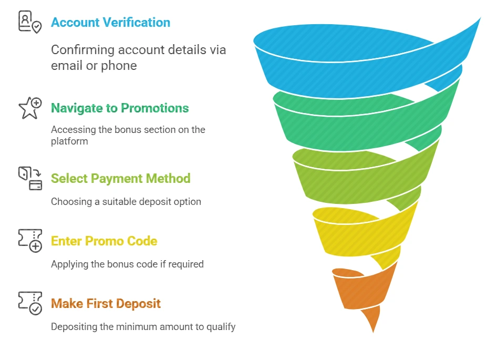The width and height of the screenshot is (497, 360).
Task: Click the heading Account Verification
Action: (x=110, y=23)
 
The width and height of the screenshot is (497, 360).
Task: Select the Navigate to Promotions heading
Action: (x=120, y=108)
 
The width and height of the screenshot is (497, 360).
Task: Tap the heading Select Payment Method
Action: (x=120, y=179)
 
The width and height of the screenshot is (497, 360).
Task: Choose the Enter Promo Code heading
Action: (x=104, y=241)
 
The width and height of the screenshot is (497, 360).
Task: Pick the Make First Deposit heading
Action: (x=106, y=304)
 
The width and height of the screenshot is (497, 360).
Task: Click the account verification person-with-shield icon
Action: (x=29, y=22)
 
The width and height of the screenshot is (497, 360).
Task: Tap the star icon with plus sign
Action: (x=29, y=108)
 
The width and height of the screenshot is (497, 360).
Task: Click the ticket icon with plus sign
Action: (x=30, y=241)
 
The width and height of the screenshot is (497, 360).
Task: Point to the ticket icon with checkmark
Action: (x=30, y=303)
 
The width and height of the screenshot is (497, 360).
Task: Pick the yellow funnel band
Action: (x=357, y=231)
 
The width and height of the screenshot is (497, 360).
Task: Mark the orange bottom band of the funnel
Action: (x=363, y=289)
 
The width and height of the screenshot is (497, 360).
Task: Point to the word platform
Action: (x=69, y=141)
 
